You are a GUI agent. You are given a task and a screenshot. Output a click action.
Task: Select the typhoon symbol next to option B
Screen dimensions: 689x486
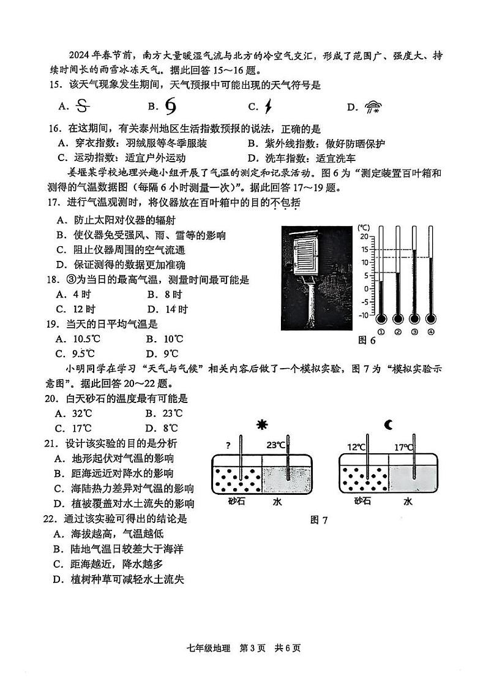[x=171, y=107]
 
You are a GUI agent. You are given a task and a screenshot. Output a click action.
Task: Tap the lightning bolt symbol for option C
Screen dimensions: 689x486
[x=268, y=107]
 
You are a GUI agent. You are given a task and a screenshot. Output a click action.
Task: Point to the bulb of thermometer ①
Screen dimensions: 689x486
[x=381, y=319]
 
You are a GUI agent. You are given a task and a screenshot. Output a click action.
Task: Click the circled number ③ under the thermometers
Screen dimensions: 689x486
[x=414, y=332]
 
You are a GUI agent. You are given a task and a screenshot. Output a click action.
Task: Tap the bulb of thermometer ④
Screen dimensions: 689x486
[x=431, y=319]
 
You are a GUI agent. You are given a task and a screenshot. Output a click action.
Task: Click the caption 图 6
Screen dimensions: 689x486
[x=366, y=341]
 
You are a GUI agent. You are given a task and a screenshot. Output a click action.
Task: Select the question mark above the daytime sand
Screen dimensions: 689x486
[x=228, y=445]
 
